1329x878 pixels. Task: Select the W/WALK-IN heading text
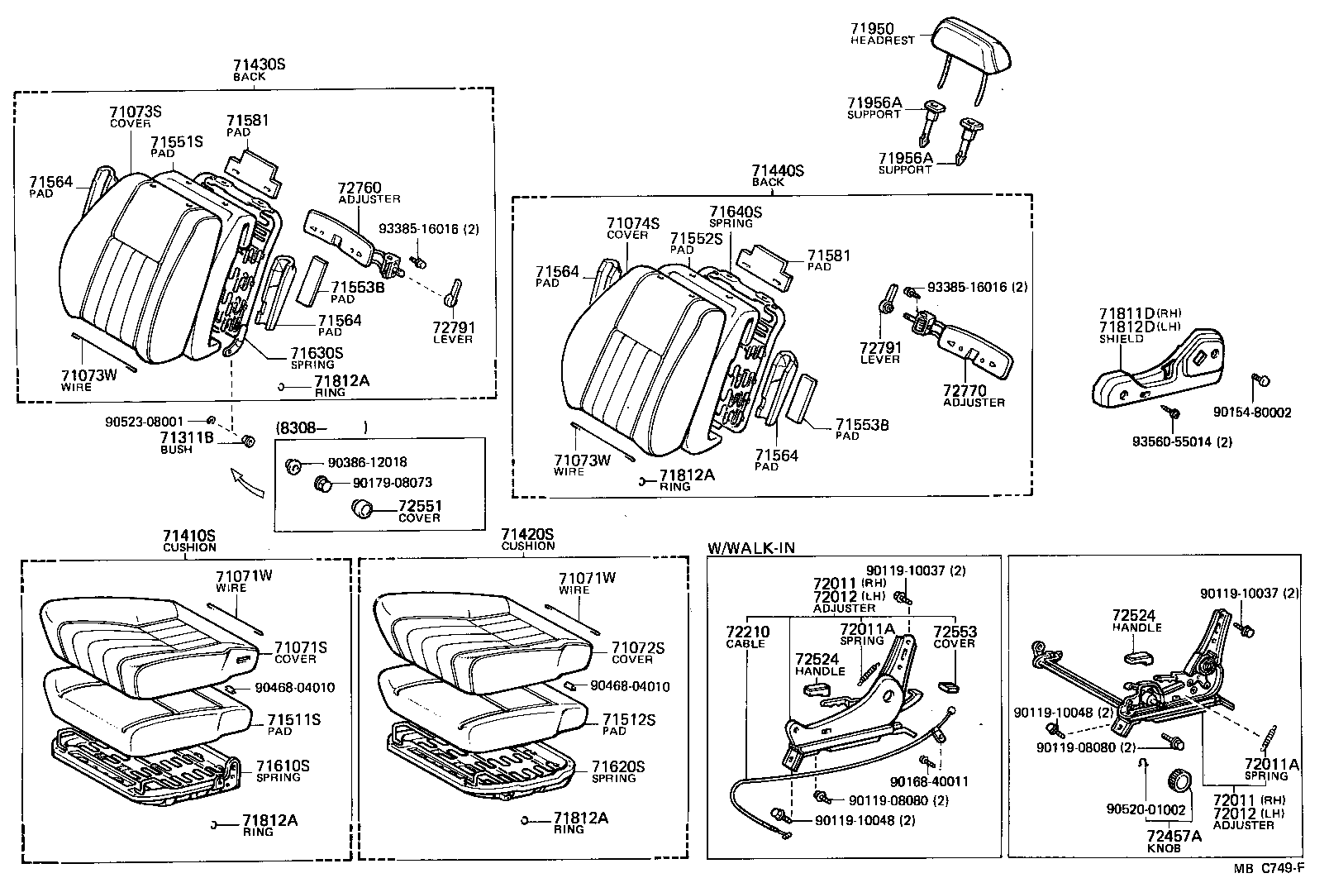coord(751,548)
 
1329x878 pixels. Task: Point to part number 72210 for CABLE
coord(747,632)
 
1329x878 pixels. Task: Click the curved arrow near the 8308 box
coord(248,484)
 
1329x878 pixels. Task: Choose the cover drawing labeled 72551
coord(363,507)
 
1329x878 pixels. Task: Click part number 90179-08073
coord(392,482)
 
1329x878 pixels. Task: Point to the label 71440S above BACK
coord(777,171)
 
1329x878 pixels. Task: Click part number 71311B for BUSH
coord(187,438)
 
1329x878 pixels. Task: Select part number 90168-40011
coord(929,781)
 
